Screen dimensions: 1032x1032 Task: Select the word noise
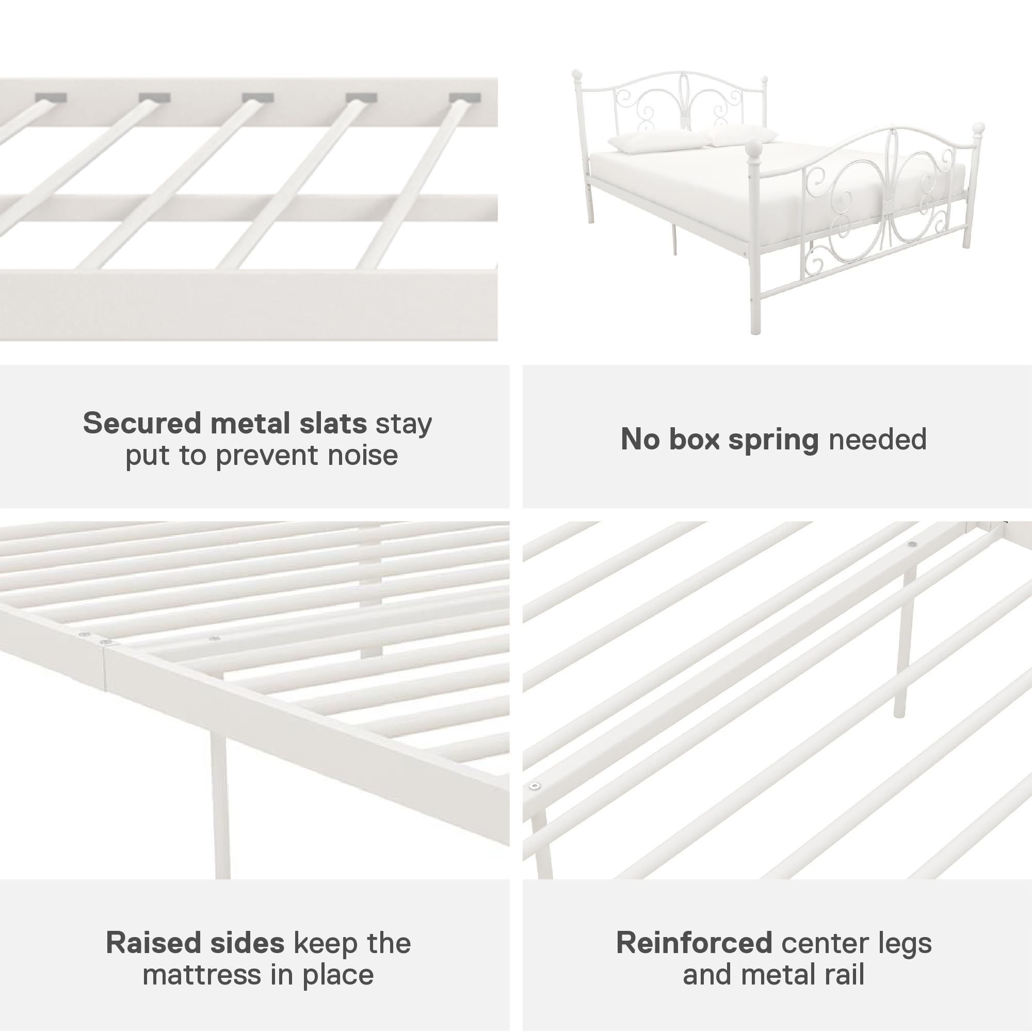[363, 456]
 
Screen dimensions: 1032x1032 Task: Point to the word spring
[773, 440]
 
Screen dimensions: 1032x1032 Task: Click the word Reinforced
[694, 942]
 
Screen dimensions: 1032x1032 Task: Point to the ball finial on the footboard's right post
[977, 128]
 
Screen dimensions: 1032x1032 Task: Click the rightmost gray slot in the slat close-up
[464, 98]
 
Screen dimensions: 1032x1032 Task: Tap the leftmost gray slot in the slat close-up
[51, 98]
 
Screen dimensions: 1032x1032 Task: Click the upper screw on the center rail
[912, 544]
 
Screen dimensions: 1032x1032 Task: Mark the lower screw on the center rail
[534, 786]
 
